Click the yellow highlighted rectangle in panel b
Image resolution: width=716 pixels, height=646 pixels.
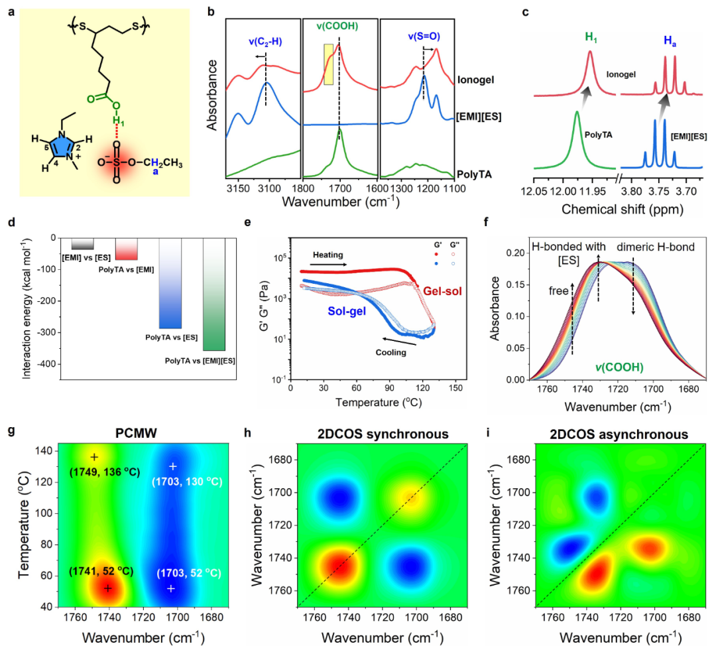point(328,64)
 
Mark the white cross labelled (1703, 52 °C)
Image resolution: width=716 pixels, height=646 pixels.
point(171,588)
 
